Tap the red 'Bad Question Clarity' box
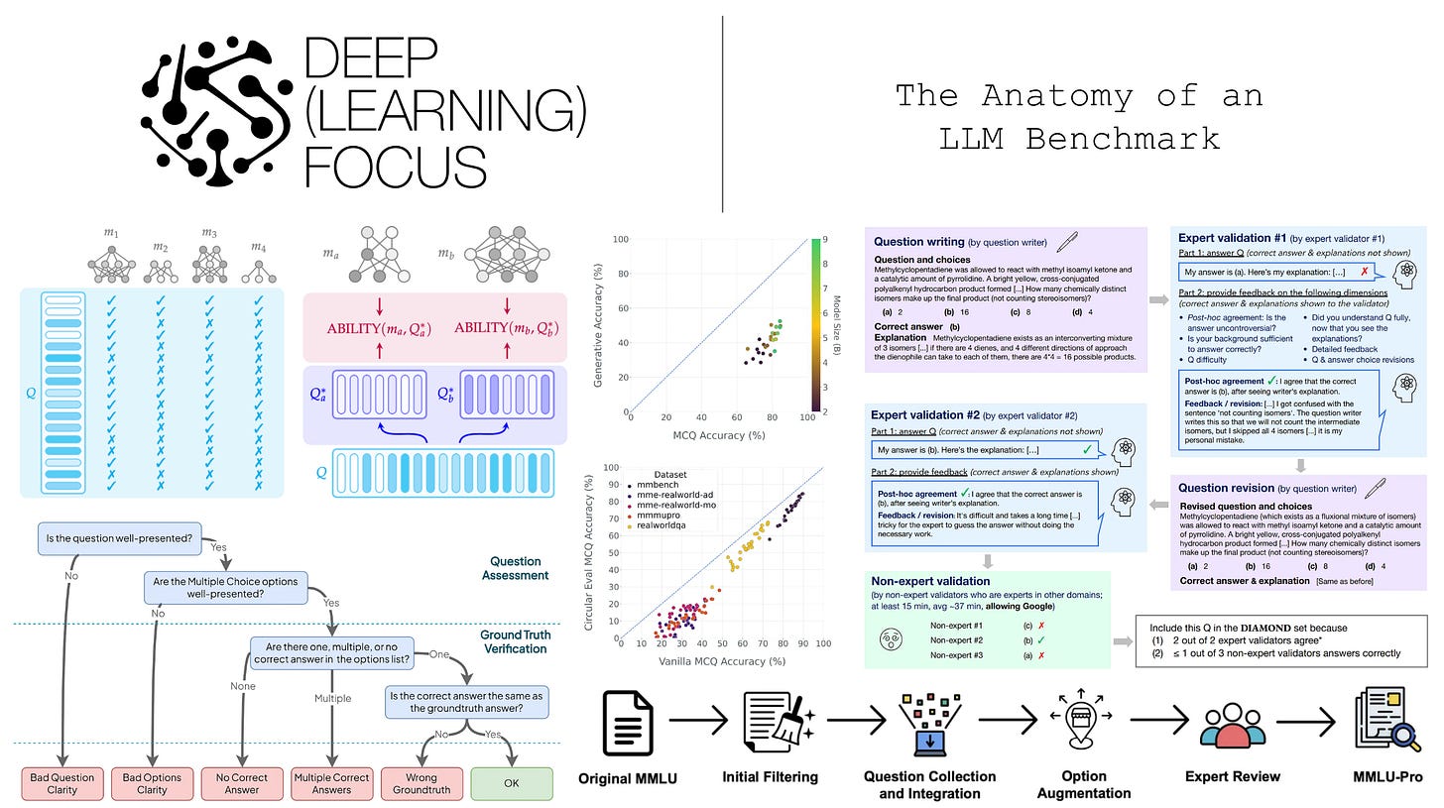(x=62, y=783)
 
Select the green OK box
(x=511, y=783)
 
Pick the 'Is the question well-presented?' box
(x=118, y=539)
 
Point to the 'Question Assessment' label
(x=515, y=568)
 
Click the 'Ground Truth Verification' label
(x=515, y=641)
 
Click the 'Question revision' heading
(x=1239, y=488)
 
